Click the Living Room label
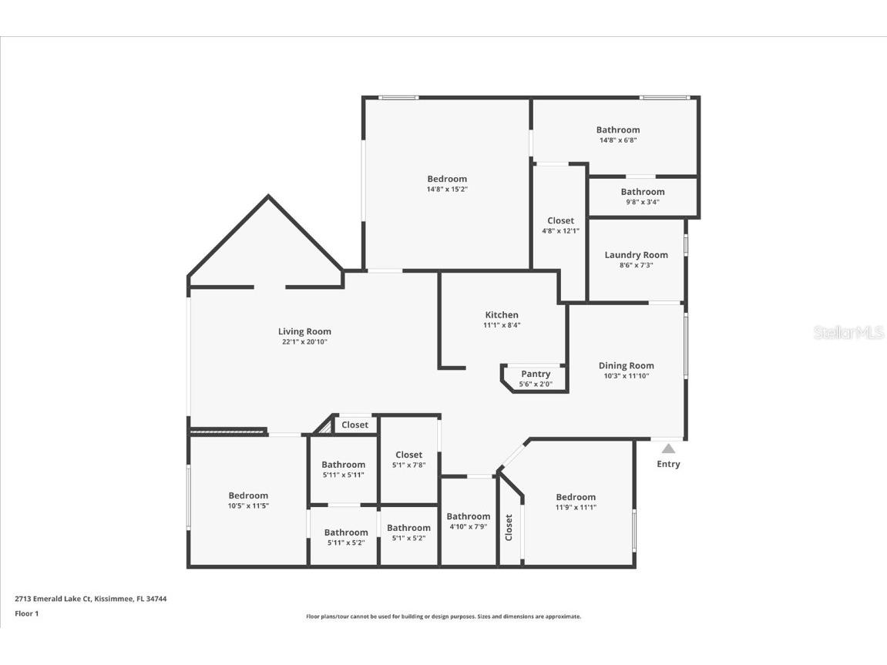(304, 331)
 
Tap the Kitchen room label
(502, 314)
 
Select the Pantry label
(536, 374)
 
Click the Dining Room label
(626, 366)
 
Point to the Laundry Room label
(636, 255)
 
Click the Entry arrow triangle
(668, 448)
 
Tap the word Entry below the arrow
(668, 464)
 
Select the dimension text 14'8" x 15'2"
(447, 189)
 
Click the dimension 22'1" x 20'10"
(304, 342)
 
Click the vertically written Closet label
(509, 528)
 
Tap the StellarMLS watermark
(848, 333)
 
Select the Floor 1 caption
(26, 614)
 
